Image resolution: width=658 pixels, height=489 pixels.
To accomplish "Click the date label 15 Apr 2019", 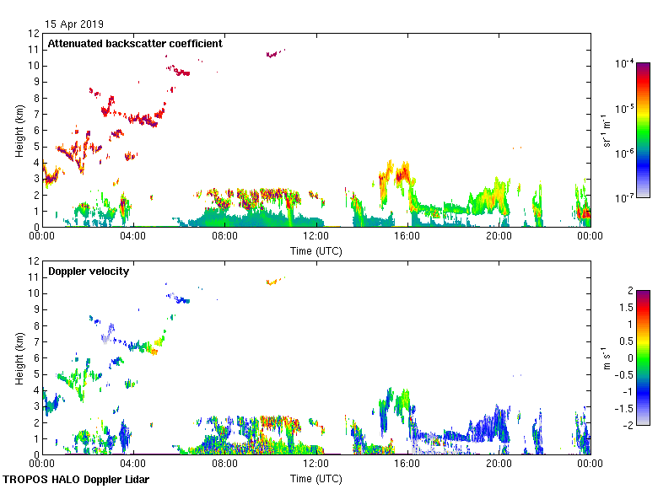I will pyautogui.click(x=75, y=24).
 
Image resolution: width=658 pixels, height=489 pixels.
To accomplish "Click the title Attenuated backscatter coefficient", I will pyautogui.click(x=135, y=44).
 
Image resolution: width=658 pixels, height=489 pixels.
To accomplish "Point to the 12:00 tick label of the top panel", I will pyautogui.click(x=316, y=236).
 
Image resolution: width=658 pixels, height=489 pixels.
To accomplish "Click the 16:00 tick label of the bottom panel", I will pyautogui.click(x=407, y=464).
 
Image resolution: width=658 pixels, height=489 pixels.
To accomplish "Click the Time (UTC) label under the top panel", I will pyautogui.click(x=316, y=250).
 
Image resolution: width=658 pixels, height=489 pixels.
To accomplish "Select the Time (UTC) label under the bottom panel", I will pyautogui.click(x=316, y=478).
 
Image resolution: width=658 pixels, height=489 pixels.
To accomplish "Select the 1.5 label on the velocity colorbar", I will pyautogui.click(x=624, y=308).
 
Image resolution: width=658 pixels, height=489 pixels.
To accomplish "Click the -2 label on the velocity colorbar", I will pyautogui.click(x=627, y=424).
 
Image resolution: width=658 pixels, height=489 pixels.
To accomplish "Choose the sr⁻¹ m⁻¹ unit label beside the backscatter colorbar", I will pyautogui.click(x=607, y=131).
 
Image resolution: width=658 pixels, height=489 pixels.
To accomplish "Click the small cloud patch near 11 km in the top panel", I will pyautogui.click(x=272, y=54).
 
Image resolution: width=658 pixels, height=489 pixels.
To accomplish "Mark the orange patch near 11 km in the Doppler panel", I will pyautogui.click(x=272, y=282).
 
